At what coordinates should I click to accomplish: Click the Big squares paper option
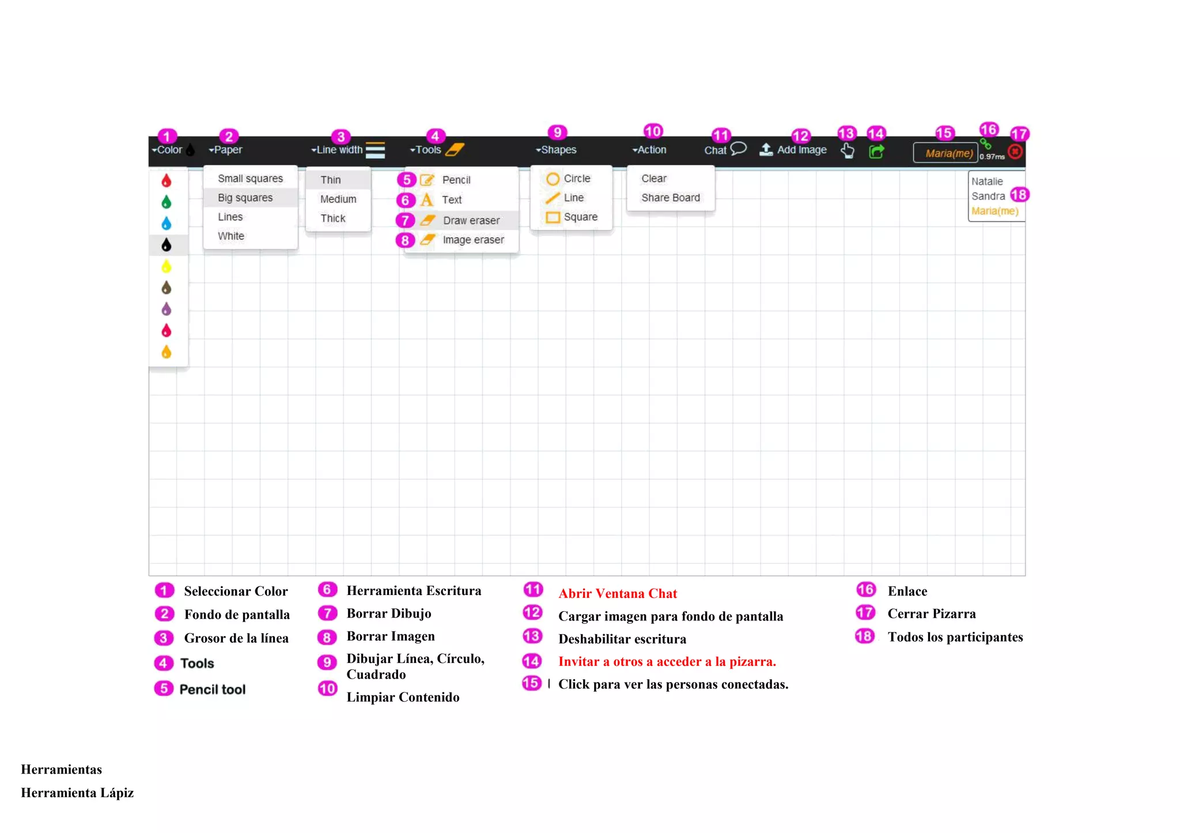pyautogui.click(x=245, y=198)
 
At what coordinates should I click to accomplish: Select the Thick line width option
pyautogui.click(x=333, y=218)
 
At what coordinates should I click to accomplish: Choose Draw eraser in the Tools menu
pyautogui.click(x=471, y=221)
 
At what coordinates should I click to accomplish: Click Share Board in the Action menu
pyautogui.click(x=670, y=198)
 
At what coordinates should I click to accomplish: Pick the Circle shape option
pyautogui.click(x=576, y=179)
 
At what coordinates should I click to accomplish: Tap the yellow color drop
pyautogui.click(x=167, y=267)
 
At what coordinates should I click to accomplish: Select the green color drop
pyautogui.click(x=167, y=202)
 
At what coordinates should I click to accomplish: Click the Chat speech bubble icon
pyautogui.click(x=738, y=149)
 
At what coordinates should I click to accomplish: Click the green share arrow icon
pyautogui.click(x=876, y=152)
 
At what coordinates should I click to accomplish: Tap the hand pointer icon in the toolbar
pyautogui.click(x=847, y=151)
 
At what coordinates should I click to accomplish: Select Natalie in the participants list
pyautogui.click(x=986, y=181)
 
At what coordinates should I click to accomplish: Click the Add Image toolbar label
pyautogui.click(x=801, y=150)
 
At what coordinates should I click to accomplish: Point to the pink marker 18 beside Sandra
pyautogui.click(x=1019, y=195)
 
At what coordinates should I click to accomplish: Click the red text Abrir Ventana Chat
pyautogui.click(x=617, y=593)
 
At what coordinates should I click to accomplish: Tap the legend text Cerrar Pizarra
pyautogui.click(x=931, y=614)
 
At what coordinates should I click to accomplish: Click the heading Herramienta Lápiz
pyautogui.click(x=77, y=793)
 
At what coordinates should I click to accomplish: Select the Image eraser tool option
pyautogui.click(x=472, y=240)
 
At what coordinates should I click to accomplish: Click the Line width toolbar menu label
pyautogui.click(x=339, y=150)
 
